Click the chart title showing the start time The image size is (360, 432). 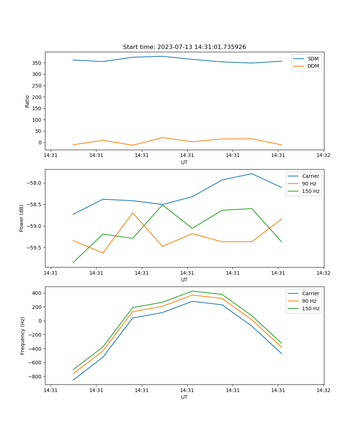(184, 47)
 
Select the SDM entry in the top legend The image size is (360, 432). (313, 59)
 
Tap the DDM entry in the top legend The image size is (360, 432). (313, 66)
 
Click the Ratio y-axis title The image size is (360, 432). (27, 101)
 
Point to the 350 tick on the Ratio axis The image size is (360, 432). (37, 63)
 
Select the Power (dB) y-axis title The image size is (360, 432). (22, 218)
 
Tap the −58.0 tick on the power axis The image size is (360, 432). (35, 183)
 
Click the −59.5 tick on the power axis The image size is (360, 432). (35, 248)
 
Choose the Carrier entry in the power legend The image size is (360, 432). (310, 176)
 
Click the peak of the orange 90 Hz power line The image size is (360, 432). (133, 213)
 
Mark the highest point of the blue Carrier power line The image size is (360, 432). (252, 174)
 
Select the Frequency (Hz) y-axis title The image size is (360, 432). (23, 336)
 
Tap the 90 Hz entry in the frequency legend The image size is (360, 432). (309, 301)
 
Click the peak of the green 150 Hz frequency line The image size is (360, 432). (192, 291)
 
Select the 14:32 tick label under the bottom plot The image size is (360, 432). (323, 390)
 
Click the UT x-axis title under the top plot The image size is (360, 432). (184, 162)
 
